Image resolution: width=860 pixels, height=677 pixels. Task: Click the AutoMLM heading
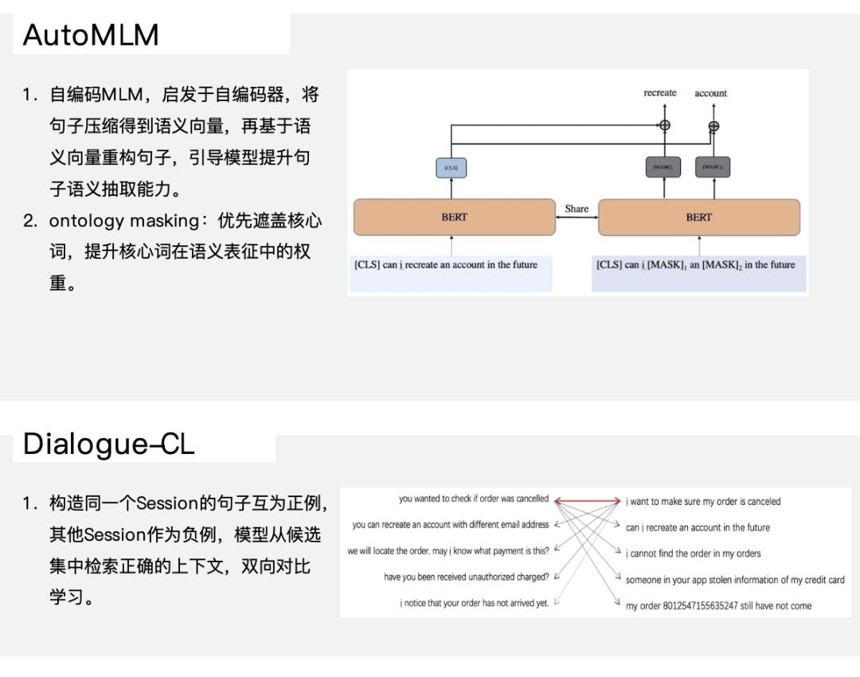[x=91, y=35]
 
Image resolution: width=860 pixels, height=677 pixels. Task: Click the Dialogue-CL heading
[x=108, y=444]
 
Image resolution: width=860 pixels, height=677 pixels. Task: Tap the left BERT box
[x=454, y=217]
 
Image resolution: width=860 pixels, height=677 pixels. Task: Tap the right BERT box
[x=698, y=217]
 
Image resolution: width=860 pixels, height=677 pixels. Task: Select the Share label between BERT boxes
[x=577, y=209]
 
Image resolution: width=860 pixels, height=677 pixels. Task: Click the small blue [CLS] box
[x=451, y=168]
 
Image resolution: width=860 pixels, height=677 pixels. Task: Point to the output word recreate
[x=660, y=93]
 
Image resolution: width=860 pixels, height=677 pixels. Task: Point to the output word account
[x=710, y=93]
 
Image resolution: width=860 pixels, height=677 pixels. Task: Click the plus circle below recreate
[x=664, y=124]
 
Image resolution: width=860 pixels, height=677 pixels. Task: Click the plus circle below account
[x=713, y=125]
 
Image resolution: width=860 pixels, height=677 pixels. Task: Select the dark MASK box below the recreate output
[x=663, y=167]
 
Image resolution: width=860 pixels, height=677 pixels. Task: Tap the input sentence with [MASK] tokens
[x=695, y=265]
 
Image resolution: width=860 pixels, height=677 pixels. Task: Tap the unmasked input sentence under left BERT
[x=446, y=265]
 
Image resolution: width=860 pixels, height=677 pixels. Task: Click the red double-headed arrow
[x=587, y=501]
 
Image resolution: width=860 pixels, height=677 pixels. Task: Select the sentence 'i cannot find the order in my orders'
[x=693, y=554]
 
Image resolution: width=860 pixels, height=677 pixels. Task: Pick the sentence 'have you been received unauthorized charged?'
[x=466, y=577]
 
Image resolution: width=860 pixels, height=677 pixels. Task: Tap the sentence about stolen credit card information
[x=734, y=580]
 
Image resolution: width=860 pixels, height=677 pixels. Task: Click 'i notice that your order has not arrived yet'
[x=474, y=603]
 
